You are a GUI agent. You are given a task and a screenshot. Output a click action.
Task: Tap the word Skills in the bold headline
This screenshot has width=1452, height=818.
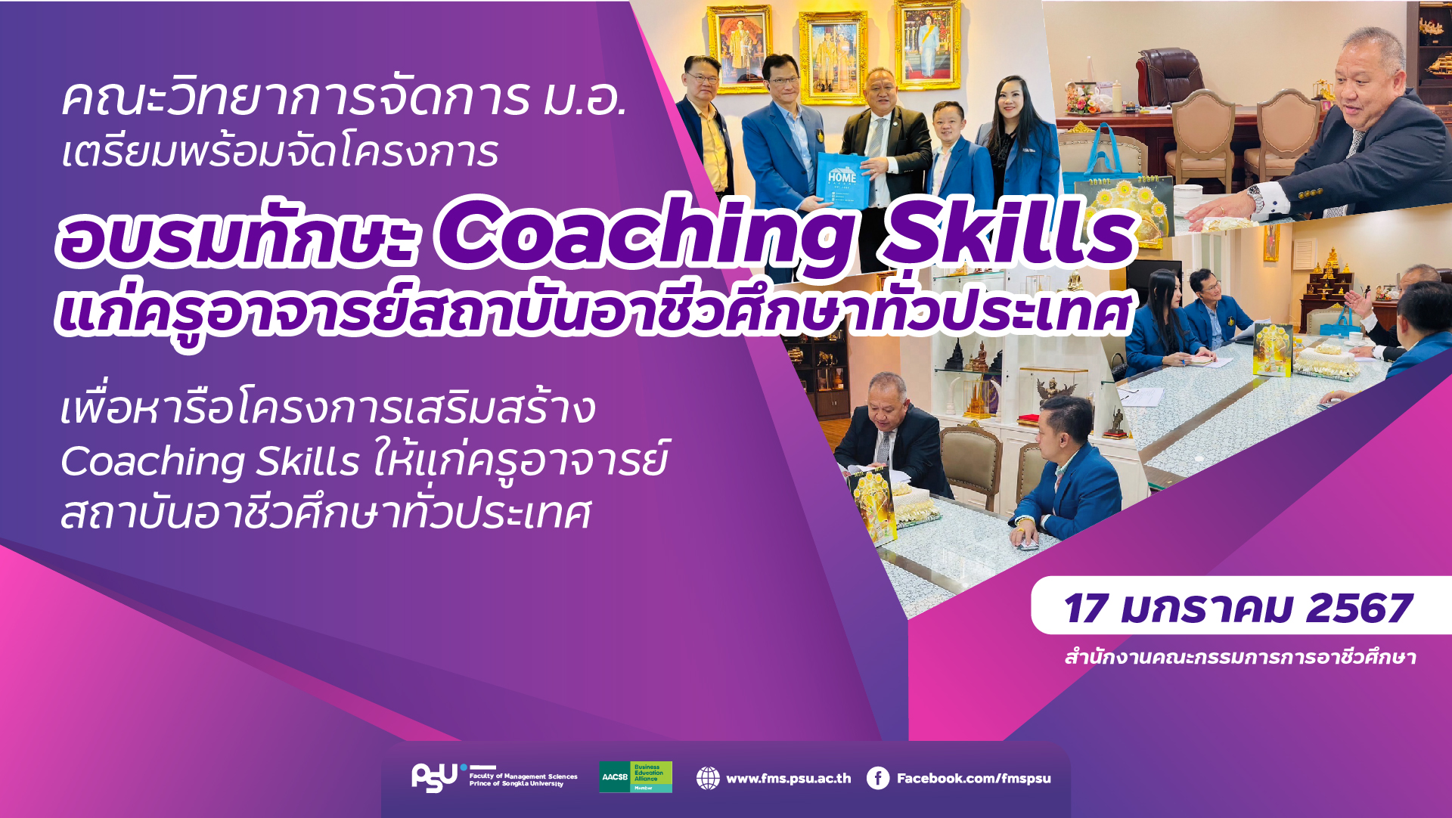click(1010, 231)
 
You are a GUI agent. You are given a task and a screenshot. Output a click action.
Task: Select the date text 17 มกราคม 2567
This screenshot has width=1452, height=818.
click(1238, 609)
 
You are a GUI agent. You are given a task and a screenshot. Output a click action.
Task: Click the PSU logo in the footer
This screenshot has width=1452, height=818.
click(435, 777)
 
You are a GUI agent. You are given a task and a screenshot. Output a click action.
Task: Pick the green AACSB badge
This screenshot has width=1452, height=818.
click(635, 777)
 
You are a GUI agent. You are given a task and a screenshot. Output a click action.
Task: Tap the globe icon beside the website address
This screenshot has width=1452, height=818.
click(708, 778)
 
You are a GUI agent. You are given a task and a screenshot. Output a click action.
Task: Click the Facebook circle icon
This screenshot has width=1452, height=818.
click(878, 778)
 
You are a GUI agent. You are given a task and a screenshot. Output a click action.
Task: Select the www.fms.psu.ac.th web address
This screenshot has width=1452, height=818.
click(789, 778)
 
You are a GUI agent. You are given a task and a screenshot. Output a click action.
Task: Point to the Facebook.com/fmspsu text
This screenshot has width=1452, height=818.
click(974, 778)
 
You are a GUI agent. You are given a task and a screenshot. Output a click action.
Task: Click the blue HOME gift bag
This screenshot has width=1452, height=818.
click(841, 181)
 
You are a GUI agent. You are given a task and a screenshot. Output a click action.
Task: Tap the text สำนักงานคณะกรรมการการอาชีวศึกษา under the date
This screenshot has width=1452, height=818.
click(1240, 657)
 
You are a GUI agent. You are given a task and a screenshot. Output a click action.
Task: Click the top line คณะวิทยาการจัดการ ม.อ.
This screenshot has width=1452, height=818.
click(344, 98)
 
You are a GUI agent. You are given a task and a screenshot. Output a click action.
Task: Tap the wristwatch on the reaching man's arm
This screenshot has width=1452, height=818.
click(1255, 199)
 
